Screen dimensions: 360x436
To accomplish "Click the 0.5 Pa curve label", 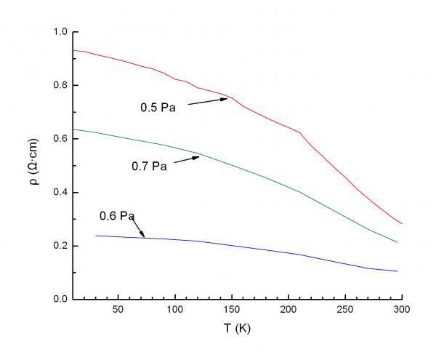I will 158,108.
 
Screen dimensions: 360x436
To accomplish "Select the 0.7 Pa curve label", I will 149,167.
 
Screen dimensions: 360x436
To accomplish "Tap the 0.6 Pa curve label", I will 117,216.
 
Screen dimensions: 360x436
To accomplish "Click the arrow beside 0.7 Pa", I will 185,159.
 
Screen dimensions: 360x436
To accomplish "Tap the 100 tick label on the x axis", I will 174,310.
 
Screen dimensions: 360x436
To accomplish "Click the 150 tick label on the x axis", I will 232,310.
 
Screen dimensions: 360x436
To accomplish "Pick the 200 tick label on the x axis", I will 288,310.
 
